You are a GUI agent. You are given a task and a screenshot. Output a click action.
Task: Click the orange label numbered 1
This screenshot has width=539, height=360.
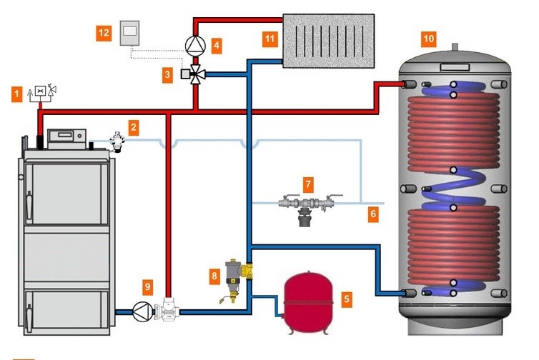17,93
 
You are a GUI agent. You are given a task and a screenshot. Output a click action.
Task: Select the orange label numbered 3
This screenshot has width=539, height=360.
167,74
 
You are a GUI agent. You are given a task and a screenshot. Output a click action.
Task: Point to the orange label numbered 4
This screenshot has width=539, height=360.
216,45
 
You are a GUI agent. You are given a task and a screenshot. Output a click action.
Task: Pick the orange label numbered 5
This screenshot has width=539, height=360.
347,299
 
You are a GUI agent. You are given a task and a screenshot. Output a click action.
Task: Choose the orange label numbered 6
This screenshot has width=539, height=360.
372,213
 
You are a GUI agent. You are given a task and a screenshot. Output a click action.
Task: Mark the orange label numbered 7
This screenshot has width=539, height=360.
308,184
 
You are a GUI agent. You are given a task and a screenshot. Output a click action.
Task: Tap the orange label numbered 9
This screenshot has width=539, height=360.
147,287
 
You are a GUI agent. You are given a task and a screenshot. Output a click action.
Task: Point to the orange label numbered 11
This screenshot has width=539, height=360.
269,38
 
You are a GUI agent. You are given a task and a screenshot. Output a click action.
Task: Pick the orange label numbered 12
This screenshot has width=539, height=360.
105,32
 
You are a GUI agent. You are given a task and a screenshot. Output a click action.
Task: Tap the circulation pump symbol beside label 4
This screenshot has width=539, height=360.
194,45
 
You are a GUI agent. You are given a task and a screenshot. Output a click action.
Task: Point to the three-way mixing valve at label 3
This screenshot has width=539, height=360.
194,74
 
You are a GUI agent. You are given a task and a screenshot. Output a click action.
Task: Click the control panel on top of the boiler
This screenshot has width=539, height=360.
66,135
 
